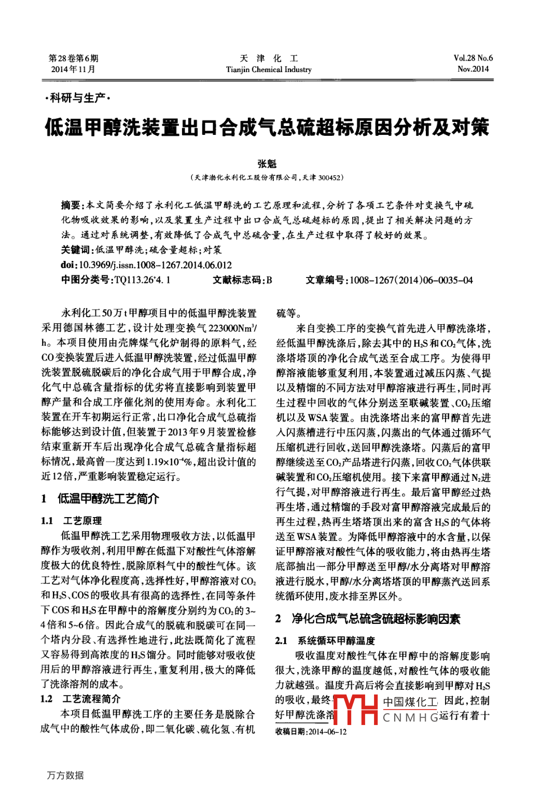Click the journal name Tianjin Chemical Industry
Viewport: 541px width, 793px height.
[269, 69]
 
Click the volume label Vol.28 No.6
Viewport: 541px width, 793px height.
[473, 58]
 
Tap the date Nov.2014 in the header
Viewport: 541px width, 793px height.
[473, 69]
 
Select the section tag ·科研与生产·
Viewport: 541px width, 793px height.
[77, 98]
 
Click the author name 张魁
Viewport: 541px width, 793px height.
[267, 164]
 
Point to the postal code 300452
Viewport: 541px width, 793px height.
[329, 178]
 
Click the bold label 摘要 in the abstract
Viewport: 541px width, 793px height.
[71, 205]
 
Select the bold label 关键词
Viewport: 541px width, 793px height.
[76, 250]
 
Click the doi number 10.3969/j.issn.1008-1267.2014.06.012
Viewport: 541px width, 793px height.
[156, 265]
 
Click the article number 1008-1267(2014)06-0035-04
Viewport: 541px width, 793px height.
[411, 280]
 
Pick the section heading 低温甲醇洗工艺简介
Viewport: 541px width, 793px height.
[108, 499]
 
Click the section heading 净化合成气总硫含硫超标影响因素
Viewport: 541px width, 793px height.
[376, 619]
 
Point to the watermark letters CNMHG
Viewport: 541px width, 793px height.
[410, 718]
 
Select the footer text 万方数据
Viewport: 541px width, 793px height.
[65, 775]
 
